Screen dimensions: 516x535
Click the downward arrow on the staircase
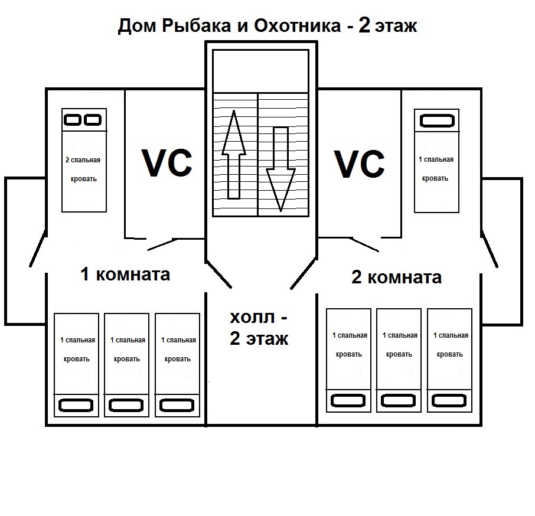[280, 169]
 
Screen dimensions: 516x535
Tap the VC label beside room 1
[166, 163]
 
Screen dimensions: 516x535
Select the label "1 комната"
[125, 274]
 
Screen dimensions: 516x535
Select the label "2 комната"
[396, 277]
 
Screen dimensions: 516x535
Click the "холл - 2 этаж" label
[259, 328]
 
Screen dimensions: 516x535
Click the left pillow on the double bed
[73, 120]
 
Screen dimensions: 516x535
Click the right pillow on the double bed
[93, 120]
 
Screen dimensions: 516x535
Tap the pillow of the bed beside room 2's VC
[436, 122]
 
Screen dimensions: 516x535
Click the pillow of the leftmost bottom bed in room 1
[76, 406]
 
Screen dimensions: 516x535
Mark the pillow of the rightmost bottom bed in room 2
[449, 400]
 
